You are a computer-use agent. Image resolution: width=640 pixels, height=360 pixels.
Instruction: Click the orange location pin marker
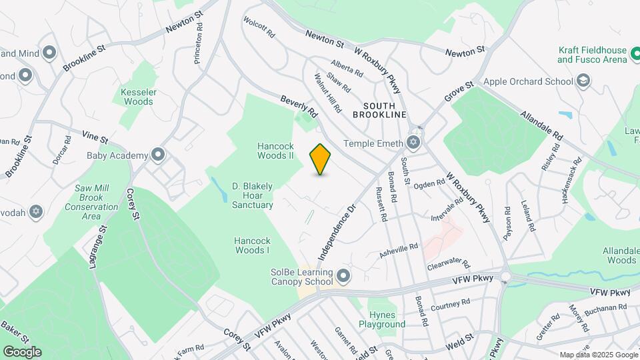[321, 159]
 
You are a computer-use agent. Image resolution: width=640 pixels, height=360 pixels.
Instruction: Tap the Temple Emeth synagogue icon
[413, 143]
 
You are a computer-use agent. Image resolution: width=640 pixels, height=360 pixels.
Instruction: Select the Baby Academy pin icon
[158, 155]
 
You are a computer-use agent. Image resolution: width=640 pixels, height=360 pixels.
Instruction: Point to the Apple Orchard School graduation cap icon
[583, 81]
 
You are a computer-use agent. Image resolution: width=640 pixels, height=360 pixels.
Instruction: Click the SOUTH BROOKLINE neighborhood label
[384, 111]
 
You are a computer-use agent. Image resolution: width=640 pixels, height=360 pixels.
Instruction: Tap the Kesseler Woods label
[137, 97]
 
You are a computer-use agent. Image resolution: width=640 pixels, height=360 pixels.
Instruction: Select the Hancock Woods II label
[276, 151]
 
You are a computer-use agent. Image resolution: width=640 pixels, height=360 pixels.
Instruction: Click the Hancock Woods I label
[251, 245]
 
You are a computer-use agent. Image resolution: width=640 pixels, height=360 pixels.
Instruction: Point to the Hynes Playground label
[382, 319]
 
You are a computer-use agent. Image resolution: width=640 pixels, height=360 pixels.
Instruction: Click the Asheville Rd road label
[399, 251]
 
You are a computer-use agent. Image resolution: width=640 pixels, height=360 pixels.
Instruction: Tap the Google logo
[22, 351]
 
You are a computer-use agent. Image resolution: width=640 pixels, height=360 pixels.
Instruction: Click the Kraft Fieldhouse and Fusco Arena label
[593, 55]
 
